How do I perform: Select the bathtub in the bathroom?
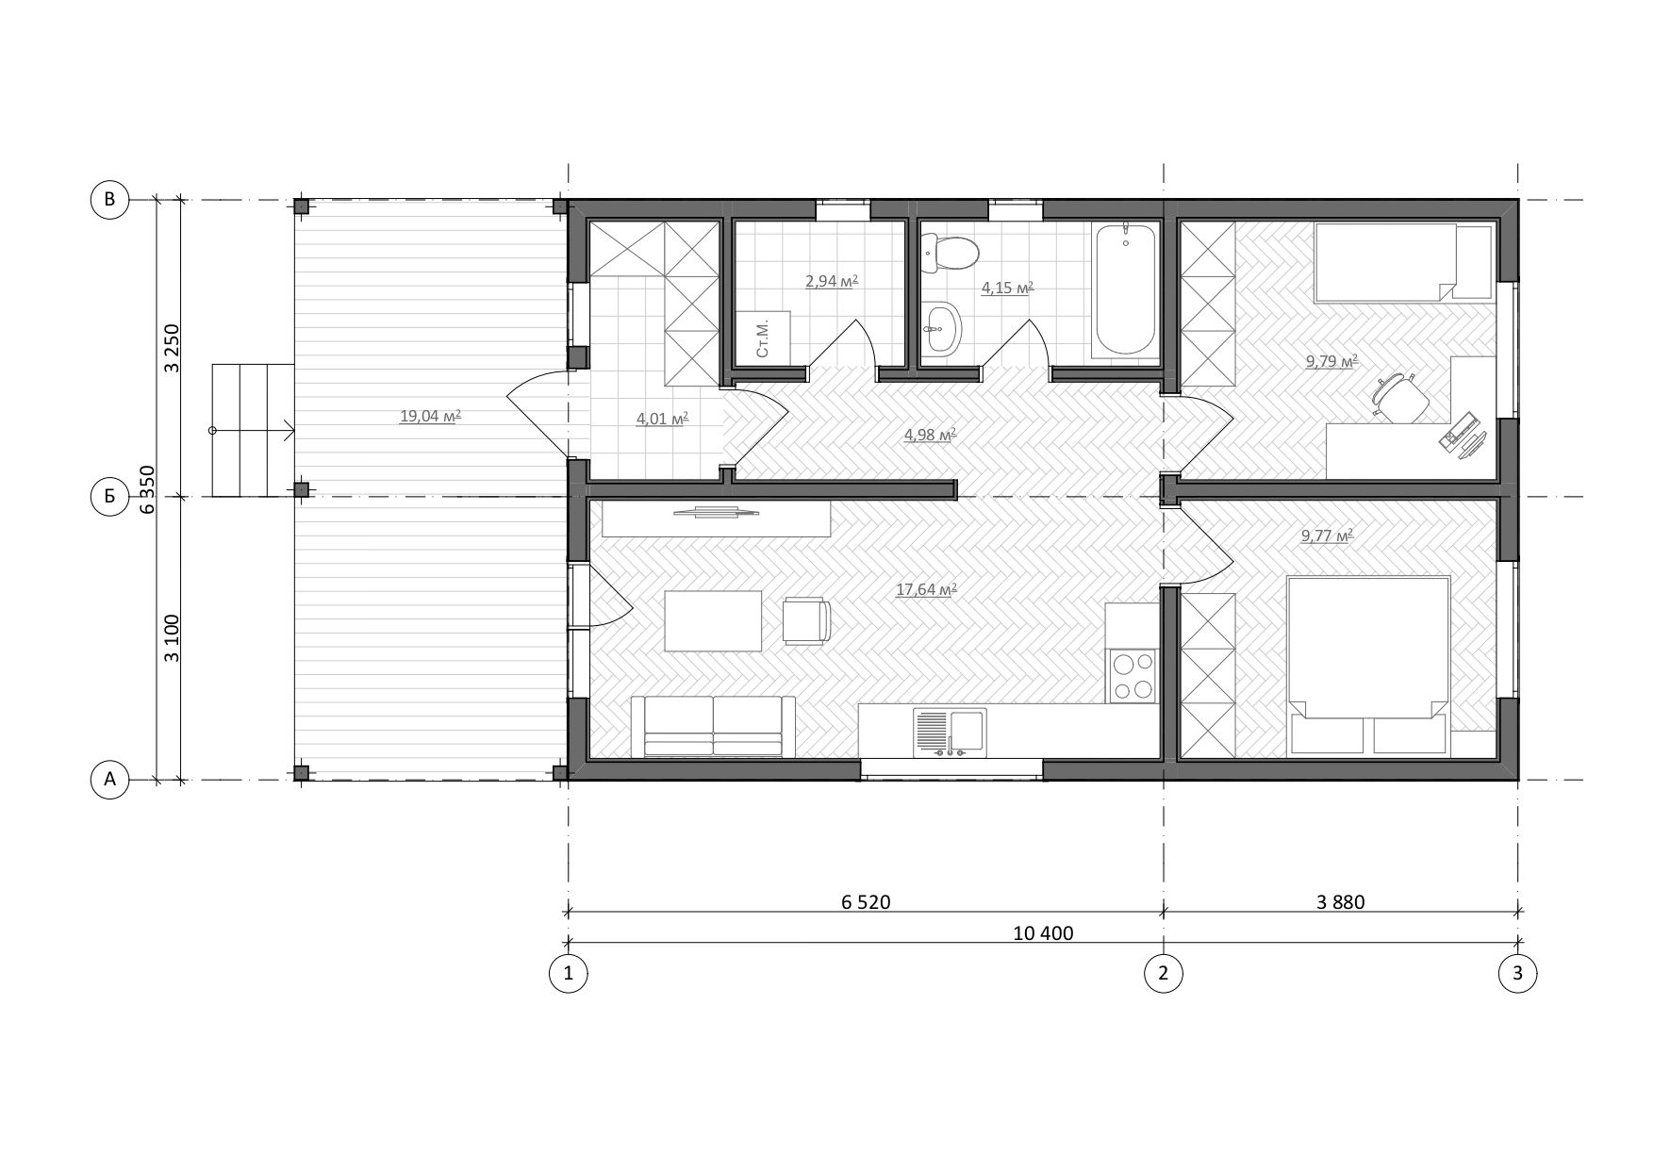(1125, 289)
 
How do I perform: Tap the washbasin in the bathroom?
(938, 330)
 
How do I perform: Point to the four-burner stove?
(1132, 676)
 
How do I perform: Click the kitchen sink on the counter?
(950, 733)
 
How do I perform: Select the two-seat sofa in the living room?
(713, 727)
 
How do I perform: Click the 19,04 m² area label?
(430, 415)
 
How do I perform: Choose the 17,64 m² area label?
(926, 590)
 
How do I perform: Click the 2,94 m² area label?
(831, 281)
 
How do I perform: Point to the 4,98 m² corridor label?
(930, 435)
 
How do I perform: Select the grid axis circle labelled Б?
(109, 496)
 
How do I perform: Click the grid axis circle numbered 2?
(1163, 974)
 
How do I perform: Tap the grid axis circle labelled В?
(109, 200)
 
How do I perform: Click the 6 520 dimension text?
(866, 902)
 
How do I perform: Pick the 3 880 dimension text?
(1340, 902)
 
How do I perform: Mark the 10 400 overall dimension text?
(1043, 934)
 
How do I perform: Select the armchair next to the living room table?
(806, 621)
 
